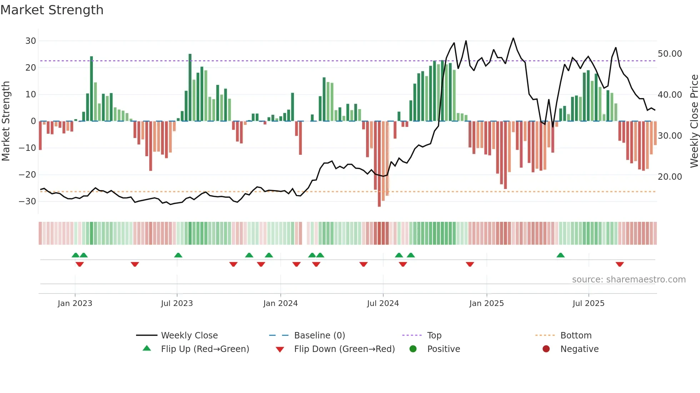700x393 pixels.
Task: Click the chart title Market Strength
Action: [x=52, y=10]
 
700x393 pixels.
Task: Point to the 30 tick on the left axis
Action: [x=31, y=41]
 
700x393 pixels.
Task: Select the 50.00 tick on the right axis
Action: [x=670, y=54]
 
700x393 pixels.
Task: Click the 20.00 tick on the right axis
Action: [x=670, y=177]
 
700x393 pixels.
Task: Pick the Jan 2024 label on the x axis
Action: [x=280, y=303]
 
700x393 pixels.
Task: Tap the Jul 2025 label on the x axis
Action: [x=588, y=303]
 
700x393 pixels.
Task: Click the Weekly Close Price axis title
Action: [x=694, y=121]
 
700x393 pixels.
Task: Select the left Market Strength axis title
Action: [x=6, y=121]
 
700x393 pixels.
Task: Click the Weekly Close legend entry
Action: [x=189, y=336]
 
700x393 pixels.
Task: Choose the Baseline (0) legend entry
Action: [x=319, y=336]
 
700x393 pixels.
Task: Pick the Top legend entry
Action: [x=434, y=336]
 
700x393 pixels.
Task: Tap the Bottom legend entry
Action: [x=576, y=336]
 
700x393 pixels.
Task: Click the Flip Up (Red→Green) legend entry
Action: [x=205, y=349]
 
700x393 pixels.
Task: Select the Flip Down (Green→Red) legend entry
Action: [x=344, y=349]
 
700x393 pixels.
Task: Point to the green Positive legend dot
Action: [x=413, y=349]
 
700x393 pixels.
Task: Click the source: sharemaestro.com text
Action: [x=629, y=280]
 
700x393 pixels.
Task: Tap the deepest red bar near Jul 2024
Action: [x=379, y=164]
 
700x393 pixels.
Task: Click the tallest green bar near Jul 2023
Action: [x=190, y=87]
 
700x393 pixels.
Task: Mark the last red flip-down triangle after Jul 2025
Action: [x=620, y=264]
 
